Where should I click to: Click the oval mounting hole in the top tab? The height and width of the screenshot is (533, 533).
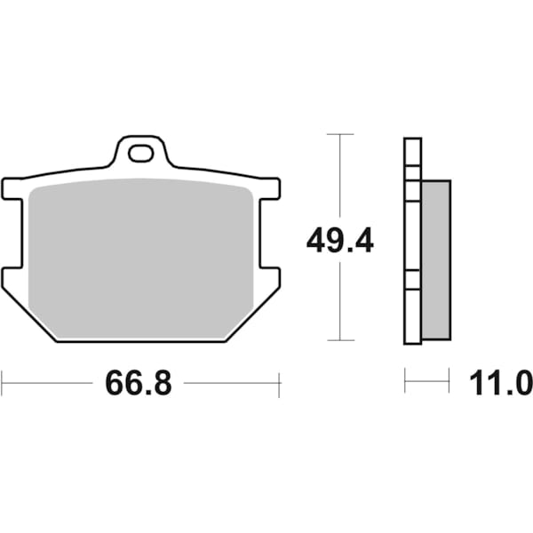[140, 155]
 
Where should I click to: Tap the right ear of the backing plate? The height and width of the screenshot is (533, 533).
[271, 189]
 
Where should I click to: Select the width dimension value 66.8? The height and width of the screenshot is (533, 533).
[138, 384]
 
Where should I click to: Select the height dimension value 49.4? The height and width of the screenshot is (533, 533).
[340, 240]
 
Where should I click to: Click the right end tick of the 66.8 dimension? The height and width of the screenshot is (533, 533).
[280, 384]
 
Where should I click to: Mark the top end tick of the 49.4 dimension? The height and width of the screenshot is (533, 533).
[340, 134]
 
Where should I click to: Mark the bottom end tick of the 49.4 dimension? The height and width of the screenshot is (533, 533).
[340, 340]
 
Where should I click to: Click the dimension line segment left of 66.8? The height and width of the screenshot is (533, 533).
[49, 384]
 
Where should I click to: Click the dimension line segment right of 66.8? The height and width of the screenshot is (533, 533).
[231, 384]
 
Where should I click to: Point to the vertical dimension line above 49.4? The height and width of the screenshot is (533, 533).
[340, 178]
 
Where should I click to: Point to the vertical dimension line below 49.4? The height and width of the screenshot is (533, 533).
[340, 302]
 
